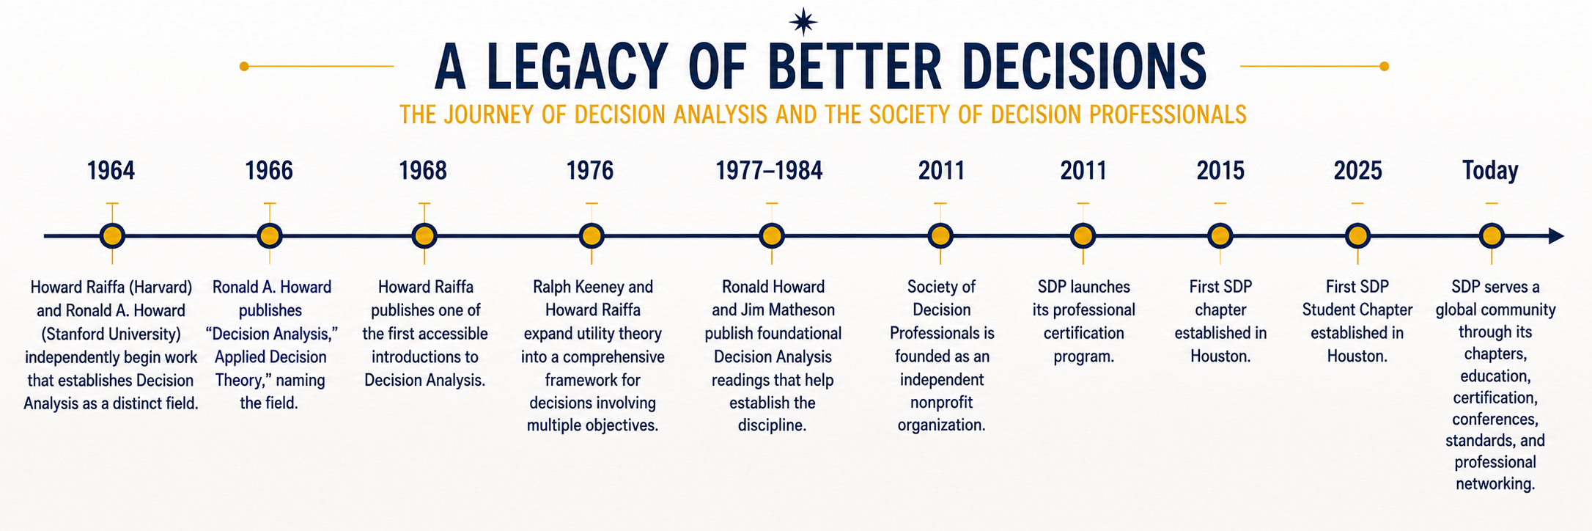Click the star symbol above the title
point(803,21)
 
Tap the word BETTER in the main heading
point(855,67)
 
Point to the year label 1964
point(111,171)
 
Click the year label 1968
point(423,171)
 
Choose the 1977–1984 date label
point(770,171)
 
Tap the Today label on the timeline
point(1490,171)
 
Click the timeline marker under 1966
point(270,236)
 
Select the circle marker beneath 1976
point(592,236)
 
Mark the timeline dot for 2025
point(1357,236)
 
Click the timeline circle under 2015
point(1220,236)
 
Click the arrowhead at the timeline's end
point(1556,236)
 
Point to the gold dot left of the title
point(244,67)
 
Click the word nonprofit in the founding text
point(942,403)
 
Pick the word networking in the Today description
point(1495,485)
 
